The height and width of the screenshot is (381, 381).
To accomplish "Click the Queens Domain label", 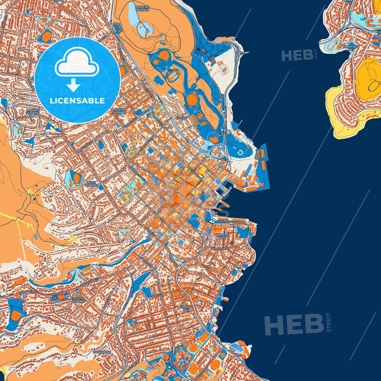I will click(142, 8).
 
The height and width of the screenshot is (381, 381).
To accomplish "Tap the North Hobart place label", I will click(120, 111).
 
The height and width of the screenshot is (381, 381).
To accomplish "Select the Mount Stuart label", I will click(32, 112).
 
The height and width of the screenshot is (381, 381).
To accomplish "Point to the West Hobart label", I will click(91, 184).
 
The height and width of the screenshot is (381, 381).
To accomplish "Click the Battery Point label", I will click(222, 236).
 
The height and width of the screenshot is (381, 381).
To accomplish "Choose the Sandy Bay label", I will click(186, 308).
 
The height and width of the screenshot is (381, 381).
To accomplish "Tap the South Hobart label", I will click(79, 300).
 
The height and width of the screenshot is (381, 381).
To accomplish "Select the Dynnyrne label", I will click(102, 352).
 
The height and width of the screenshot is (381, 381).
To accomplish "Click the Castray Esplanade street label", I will click(232, 222).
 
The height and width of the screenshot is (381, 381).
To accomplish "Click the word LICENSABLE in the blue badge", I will click(77, 101).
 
